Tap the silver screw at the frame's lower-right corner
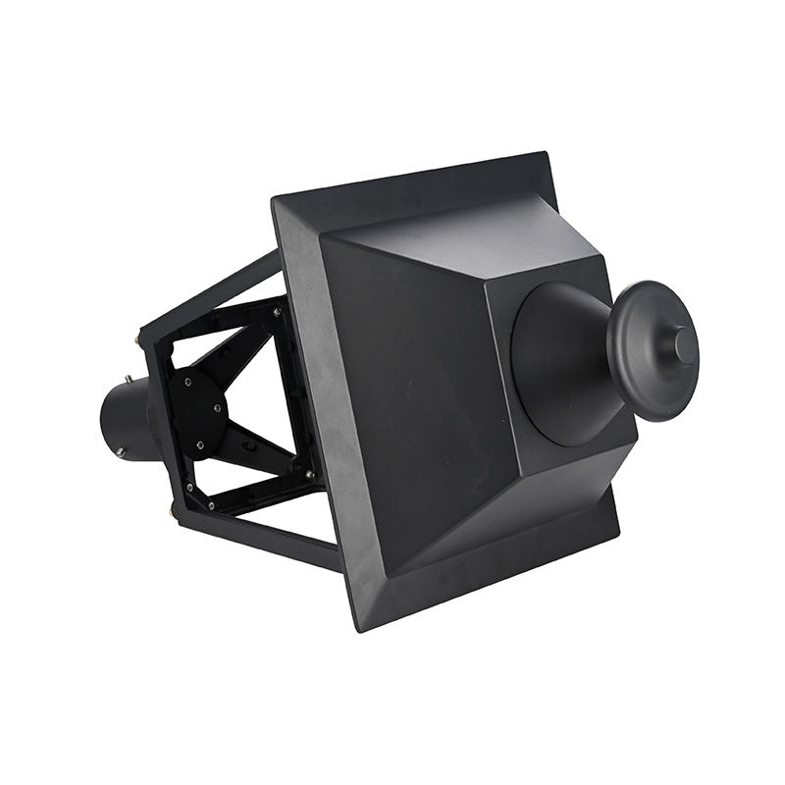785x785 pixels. [310, 475]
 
